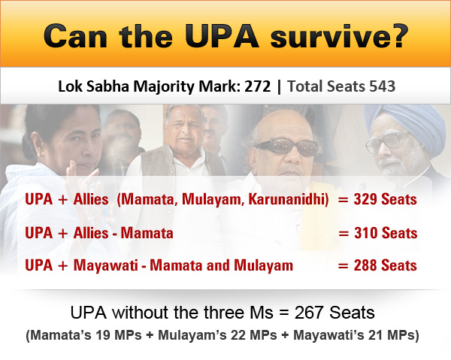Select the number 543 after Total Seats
pyautogui.click(x=380, y=86)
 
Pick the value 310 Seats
pyautogui.click(x=383, y=233)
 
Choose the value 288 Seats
pyautogui.click(x=383, y=265)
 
